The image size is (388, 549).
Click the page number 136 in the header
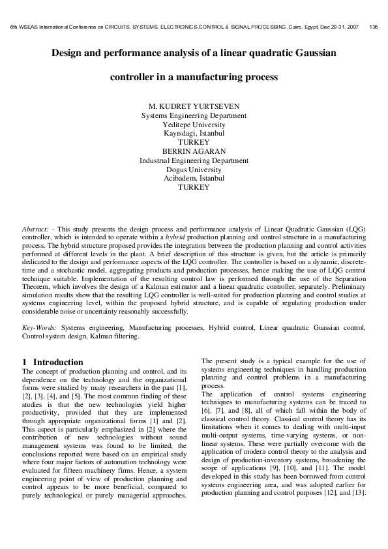tap(373, 27)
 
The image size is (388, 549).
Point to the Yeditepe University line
tap(194, 125)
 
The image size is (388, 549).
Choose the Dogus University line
tap(194, 169)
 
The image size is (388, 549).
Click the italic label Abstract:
tap(36, 231)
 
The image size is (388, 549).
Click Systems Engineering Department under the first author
tap(194, 115)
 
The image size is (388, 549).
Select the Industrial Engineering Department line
tap(194, 160)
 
